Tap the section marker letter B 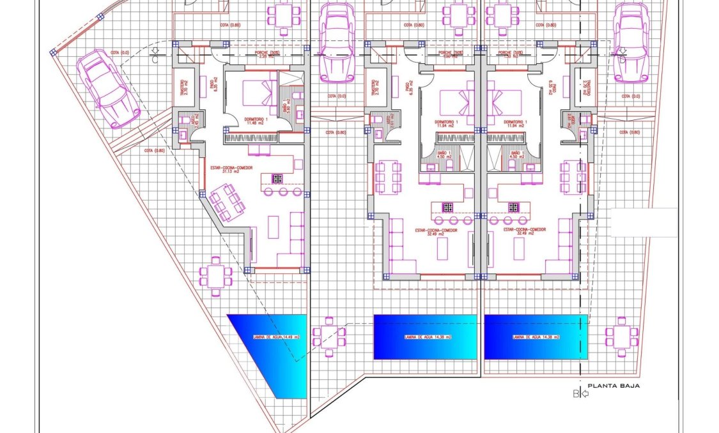coord(576,394)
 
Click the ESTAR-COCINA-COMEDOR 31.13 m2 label coord(231,169)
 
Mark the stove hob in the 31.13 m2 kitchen coord(277,179)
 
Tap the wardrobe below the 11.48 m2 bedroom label coord(250,137)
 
